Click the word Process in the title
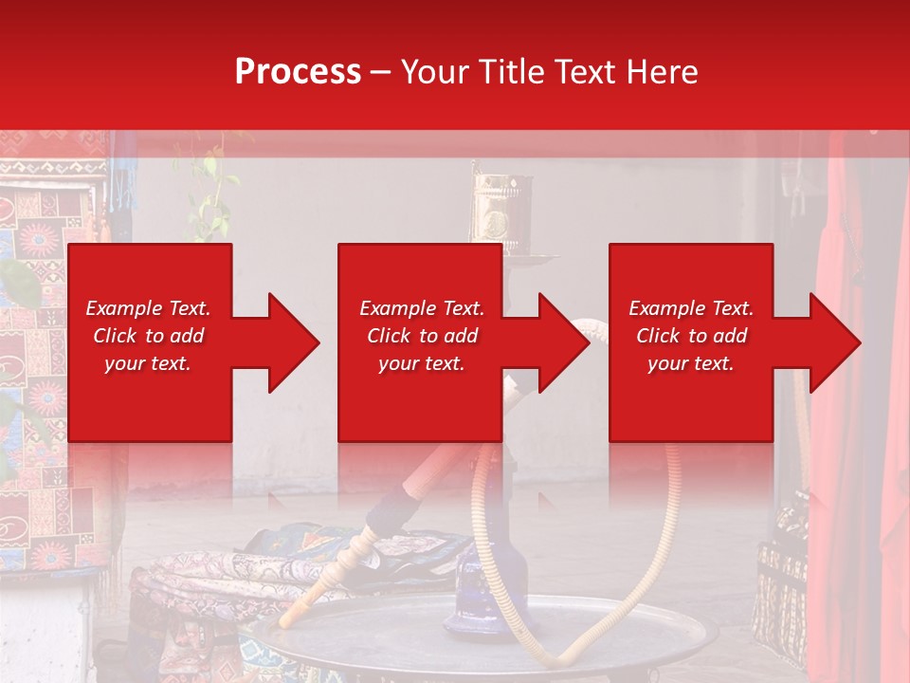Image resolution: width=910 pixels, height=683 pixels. [298, 72]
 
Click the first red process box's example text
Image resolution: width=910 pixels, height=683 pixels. [149, 336]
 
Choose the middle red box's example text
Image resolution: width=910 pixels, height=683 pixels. [422, 336]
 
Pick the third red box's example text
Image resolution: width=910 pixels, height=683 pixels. [691, 336]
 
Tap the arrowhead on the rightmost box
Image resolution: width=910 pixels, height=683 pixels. [832, 342]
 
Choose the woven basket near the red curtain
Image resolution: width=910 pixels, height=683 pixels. [782, 579]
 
